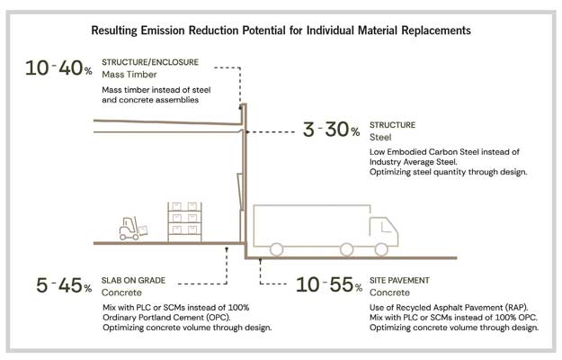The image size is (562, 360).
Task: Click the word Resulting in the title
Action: click(x=121, y=30)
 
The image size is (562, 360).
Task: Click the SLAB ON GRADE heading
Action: click(x=134, y=281)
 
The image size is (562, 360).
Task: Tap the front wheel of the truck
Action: click(x=382, y=247)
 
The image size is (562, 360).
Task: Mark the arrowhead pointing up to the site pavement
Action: click(x=262, y=260)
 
